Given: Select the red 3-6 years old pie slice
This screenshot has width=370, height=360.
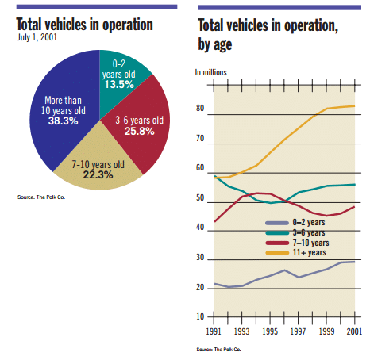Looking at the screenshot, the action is coord(143,124).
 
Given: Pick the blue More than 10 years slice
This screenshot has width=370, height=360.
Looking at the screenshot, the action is coord(64,111).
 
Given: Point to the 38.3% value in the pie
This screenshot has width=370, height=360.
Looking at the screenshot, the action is coord(64,121).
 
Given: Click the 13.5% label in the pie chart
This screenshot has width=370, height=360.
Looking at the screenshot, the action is coord(119,85).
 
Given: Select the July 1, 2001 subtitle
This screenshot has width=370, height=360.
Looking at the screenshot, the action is coord(37,37).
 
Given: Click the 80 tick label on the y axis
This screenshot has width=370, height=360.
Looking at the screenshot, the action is coord(200,108).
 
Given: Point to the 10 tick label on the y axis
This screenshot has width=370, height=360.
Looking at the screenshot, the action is coord(200,316).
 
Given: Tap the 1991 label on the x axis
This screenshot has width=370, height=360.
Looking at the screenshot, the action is coord(214,331).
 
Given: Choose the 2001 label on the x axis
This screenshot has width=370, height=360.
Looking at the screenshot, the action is coord(354,331).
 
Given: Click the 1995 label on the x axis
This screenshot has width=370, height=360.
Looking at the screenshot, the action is coord(270,331).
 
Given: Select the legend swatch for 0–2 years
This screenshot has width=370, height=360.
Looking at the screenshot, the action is coord(277,223).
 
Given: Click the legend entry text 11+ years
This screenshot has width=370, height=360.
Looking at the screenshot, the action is coord(310,253).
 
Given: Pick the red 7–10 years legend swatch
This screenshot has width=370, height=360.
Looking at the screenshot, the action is coord(277,243).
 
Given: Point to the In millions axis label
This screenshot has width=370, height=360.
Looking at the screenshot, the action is coord(211,72).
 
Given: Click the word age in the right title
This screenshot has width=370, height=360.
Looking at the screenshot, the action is coord(223,45).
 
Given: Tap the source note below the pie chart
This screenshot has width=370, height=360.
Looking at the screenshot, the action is coord(41,197).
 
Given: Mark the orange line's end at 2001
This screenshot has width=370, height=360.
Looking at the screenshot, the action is coord(354,106).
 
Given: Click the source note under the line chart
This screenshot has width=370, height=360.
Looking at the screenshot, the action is coord(218,350).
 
